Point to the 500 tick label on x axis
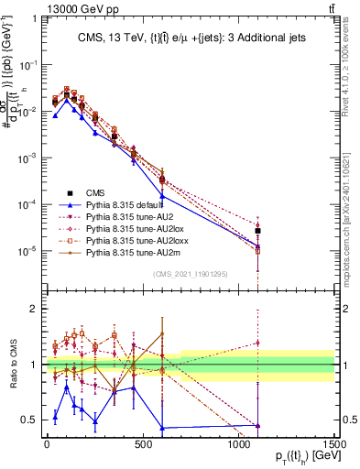(x=143, y=442)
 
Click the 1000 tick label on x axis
(x=238, y=442)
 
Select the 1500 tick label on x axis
(x=334, y=442)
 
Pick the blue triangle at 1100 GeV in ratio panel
(x=258, y=426)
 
